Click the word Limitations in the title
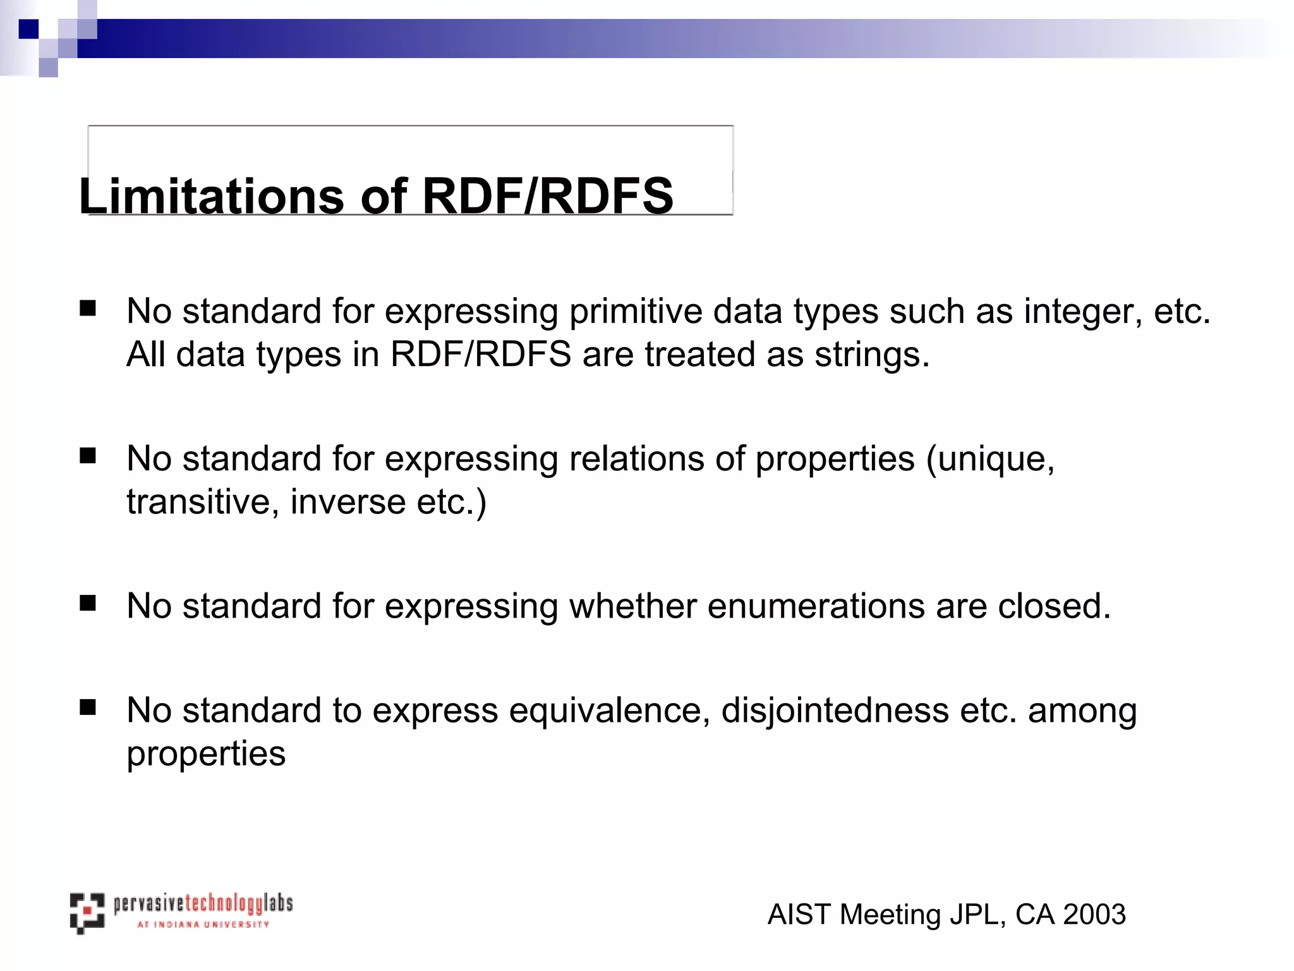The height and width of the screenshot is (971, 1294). (212, 196)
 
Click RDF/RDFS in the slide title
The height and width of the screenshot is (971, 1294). (547, 196)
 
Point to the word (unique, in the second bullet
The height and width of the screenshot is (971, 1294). (990, 459)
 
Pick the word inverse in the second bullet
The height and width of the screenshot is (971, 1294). (348, 502)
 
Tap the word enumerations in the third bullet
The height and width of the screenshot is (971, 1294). (816, 606)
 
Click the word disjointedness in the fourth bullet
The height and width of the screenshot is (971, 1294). (835, 711)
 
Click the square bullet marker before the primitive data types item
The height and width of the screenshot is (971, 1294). (88, 308)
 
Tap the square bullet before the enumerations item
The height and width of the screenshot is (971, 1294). (88, 603)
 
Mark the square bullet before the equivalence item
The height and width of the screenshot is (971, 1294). (88, 707)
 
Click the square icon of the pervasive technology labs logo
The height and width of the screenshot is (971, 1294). (87, 912)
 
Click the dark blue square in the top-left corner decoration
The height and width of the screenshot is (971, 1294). (28, 29)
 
